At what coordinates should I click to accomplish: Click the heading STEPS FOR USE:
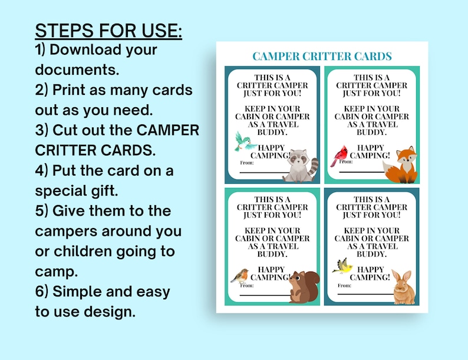(108, 30)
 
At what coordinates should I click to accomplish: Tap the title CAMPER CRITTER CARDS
(322, 57)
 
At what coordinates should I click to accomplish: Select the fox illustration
(402, 165)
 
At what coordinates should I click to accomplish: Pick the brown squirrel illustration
(305, 287)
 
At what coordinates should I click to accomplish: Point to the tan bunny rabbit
(404, 288)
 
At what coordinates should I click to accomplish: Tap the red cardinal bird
(339, 155)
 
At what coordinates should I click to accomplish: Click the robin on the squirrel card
(239, 276)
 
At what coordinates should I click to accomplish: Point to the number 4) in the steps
(41, 171)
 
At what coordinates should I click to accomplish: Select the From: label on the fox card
(346, 161)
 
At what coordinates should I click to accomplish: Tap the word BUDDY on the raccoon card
(272, 132)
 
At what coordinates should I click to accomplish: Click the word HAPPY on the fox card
(370, 148)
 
